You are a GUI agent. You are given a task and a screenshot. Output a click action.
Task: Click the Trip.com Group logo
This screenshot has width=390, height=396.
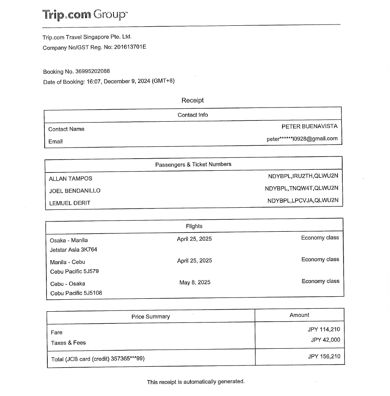click(85, 15)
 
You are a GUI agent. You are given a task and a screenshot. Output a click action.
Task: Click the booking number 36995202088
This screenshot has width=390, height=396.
click(92, 71)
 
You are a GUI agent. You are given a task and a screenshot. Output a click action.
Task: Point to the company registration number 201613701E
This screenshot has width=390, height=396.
click(130, 47)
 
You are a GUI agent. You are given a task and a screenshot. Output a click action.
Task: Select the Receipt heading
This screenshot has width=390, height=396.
click(192, 100)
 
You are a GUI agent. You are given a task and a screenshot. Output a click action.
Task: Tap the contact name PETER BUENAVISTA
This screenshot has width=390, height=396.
click(309, 126)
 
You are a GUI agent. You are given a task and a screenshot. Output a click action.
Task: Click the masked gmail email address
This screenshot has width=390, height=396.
click(302, 139)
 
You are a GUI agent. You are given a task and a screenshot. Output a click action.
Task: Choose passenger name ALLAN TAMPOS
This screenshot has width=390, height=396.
click(71, 179)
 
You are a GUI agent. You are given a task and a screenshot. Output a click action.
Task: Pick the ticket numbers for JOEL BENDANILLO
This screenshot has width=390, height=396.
click(301, 188)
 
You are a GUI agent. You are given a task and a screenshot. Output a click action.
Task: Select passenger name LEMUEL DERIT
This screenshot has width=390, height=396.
click(70, 203)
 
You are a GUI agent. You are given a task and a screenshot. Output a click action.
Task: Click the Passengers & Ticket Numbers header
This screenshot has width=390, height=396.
click(193, 164)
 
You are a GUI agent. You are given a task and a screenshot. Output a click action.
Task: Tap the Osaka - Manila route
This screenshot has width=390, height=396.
click(69, 240)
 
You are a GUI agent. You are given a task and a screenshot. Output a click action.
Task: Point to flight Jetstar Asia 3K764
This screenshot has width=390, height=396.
click(74, 250)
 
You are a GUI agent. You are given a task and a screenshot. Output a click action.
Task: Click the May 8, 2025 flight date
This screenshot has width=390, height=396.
click(195, 282)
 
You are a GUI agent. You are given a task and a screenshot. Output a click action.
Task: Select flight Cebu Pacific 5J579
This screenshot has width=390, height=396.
click(74, 271)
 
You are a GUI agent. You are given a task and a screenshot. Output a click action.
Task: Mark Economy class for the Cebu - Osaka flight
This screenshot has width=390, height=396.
click(320, 281)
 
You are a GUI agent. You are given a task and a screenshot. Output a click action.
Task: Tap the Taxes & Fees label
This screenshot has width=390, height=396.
click(68, 343)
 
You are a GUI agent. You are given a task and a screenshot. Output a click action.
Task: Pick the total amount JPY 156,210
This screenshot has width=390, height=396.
click(324, 356)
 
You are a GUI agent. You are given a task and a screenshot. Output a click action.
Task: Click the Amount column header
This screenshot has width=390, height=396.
click(299, 315)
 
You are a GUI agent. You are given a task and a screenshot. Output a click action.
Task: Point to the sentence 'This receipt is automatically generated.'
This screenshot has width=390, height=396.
click(196, 382)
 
